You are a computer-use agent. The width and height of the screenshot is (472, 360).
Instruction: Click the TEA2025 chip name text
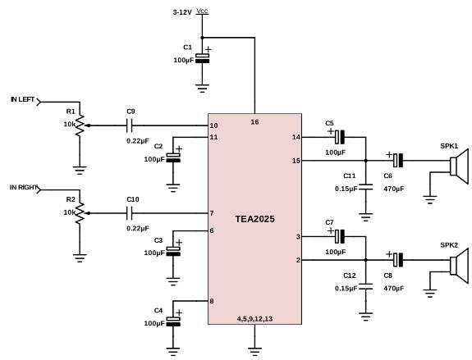click(254, 219)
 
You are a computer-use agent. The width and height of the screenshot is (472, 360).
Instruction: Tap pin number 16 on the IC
click(254, 122)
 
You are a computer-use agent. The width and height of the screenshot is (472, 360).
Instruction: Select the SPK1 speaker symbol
click(460, 166)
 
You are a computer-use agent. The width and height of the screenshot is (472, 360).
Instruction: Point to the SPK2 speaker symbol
click(460, 266)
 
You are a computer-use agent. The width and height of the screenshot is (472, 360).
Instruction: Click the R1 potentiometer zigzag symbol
click(80, 125)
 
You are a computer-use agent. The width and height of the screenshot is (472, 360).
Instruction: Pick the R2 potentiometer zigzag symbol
click(80, 213)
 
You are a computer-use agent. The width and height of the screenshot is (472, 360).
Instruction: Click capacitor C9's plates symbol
click(130, 125)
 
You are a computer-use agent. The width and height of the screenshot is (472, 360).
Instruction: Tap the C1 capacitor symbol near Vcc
click(202, 58)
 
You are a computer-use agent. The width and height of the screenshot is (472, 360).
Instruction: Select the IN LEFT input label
click(23, 99)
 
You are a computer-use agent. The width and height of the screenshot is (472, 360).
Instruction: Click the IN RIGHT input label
click(24, 187)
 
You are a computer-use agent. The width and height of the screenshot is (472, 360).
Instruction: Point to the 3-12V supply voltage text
click(182, 12)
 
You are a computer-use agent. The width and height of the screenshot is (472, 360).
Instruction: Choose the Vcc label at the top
click(202, 11)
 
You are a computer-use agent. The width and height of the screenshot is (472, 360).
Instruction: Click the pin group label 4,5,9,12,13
click(254, 319)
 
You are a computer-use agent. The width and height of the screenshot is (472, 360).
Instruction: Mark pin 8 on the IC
click(212, 301)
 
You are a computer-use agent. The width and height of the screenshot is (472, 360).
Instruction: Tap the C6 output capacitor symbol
click(398, 160)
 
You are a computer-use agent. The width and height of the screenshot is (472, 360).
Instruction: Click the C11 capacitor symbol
click(366, 187)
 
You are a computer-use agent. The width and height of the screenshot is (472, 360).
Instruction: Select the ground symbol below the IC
click(254, 352)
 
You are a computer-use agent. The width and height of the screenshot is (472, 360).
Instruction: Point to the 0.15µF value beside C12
click(346, 288)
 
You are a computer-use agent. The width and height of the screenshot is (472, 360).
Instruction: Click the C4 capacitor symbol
click(173, 321)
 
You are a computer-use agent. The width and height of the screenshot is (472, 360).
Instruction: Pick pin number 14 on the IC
click(296, 137)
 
